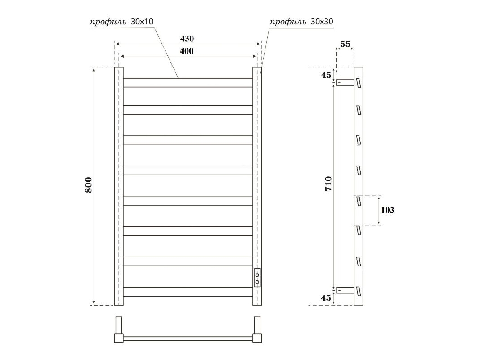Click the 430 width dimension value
click(x=187, y=39)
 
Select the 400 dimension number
click(x=187, y=51)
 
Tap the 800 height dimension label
click(x=88, y=184)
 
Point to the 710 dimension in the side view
click(x=328, y=184)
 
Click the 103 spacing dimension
click(x=387, y=210)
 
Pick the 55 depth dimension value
click(x=345, y=44)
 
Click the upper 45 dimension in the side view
click(x=326, y=75)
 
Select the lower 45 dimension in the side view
click(x=326, y=297)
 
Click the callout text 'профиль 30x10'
click(x=121, y=22)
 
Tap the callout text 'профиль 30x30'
click(x=301, y=22)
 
